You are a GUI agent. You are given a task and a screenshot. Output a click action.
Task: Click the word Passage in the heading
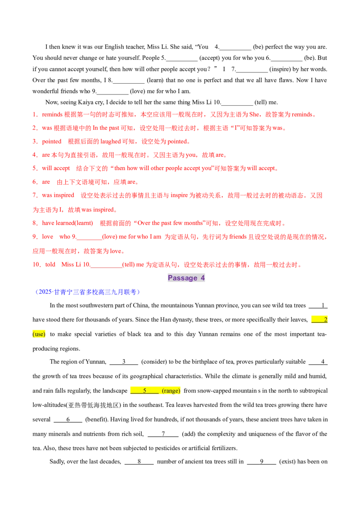tap(182, 278)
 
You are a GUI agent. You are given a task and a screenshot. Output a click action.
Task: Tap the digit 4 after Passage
tap(203, 278)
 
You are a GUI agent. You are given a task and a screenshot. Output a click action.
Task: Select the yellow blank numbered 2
tap(320, 319)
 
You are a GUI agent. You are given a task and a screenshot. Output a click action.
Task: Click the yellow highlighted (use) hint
tap(40, 334)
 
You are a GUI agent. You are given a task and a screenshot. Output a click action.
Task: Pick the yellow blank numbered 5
tap(144, 391)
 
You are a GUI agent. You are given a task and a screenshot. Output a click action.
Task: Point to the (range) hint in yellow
tap(171, 391)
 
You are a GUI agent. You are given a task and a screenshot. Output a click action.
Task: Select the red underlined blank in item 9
tap(88, 237)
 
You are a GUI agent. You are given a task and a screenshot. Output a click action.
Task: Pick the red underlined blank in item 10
tap(107, 266)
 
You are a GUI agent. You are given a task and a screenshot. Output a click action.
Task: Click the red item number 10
tap(36, 265)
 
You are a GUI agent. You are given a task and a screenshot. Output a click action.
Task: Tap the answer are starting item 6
tap(45, 183)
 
